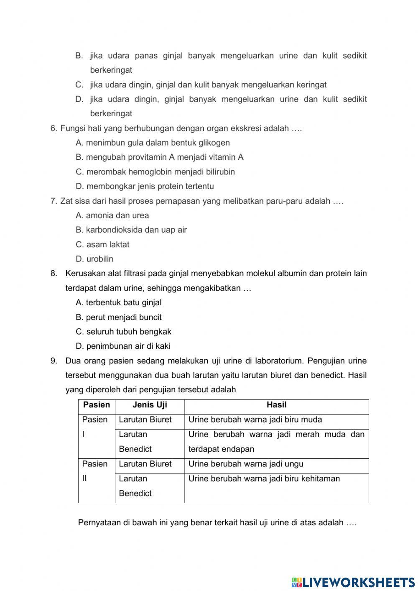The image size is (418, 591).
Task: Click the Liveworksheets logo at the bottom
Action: tap(353, 582)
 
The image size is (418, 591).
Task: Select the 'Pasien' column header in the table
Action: tap(97, 405)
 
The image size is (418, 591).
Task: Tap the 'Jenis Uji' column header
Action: tap(150, 405)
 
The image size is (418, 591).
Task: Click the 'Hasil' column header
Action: tap(276, 405)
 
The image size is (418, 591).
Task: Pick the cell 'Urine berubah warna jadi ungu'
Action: tap(246, 464)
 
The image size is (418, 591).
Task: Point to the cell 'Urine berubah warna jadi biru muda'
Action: tap(255, 420)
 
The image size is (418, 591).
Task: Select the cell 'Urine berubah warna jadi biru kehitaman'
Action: tap(264, 479)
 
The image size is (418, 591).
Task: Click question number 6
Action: tap(54, 128)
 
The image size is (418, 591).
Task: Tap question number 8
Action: tap(54, 274)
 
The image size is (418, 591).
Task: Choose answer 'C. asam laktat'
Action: tap(102, 245)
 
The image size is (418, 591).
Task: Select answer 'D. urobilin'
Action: tap(94, 259)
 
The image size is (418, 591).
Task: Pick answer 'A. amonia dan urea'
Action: tap(112, 216)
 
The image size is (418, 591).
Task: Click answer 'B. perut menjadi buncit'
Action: tap(119, 317)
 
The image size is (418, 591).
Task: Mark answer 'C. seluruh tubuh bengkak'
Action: tap(123, 332)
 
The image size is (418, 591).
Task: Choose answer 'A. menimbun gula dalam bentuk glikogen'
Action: tap(153, 143)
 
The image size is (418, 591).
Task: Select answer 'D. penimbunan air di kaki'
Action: tap(123, 346)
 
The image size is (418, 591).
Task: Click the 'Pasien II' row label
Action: tap(94, 471)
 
